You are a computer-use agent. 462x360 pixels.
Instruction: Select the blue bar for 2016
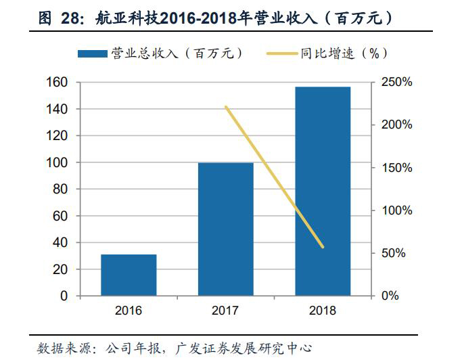coord(129,275)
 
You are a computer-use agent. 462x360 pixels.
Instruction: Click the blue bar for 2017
coord(225,229)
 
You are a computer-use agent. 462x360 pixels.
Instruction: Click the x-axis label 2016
coord(129,311)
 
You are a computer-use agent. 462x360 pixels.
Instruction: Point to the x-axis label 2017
coord(225,311)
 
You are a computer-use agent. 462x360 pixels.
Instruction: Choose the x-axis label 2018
coord(323,311)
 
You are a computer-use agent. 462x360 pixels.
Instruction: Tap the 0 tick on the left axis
coord(65,296)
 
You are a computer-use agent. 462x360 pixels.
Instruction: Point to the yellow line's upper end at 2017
coord(226,107)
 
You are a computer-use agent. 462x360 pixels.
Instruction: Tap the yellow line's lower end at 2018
coord(323,247)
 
